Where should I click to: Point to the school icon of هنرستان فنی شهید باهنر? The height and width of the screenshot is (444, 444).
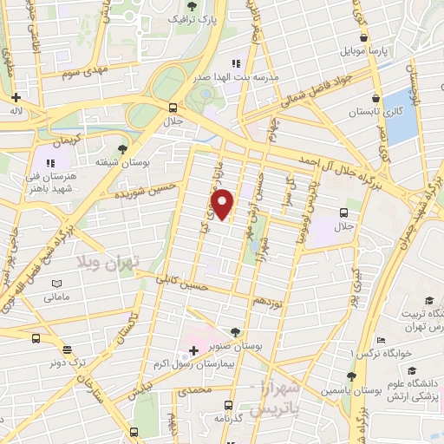(x=50, y=162)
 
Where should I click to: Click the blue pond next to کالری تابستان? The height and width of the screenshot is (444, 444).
(x=402, y=116)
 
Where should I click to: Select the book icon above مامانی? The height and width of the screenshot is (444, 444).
(x=56, y=283)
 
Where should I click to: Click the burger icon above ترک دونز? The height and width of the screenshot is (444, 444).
(x=36, y=338)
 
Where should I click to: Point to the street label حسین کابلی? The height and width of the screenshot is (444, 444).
(x=181, y=283)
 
